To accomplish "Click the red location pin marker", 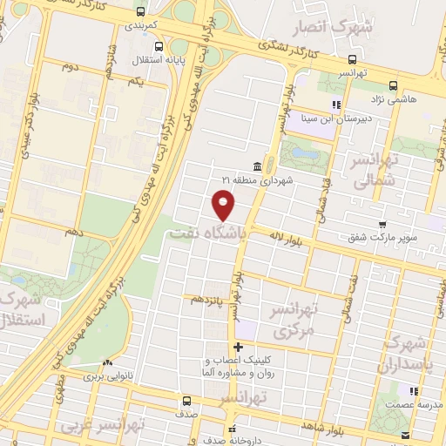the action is click(225, 206).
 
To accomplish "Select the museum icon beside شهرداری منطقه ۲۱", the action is click(257, 166).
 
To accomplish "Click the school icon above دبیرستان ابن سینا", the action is click(335, 105).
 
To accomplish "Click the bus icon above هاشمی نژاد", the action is click(393, 85).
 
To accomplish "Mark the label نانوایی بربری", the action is click(105, 378).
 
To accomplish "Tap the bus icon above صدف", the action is click(187, 402).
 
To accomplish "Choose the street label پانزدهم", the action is click(208, 299).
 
